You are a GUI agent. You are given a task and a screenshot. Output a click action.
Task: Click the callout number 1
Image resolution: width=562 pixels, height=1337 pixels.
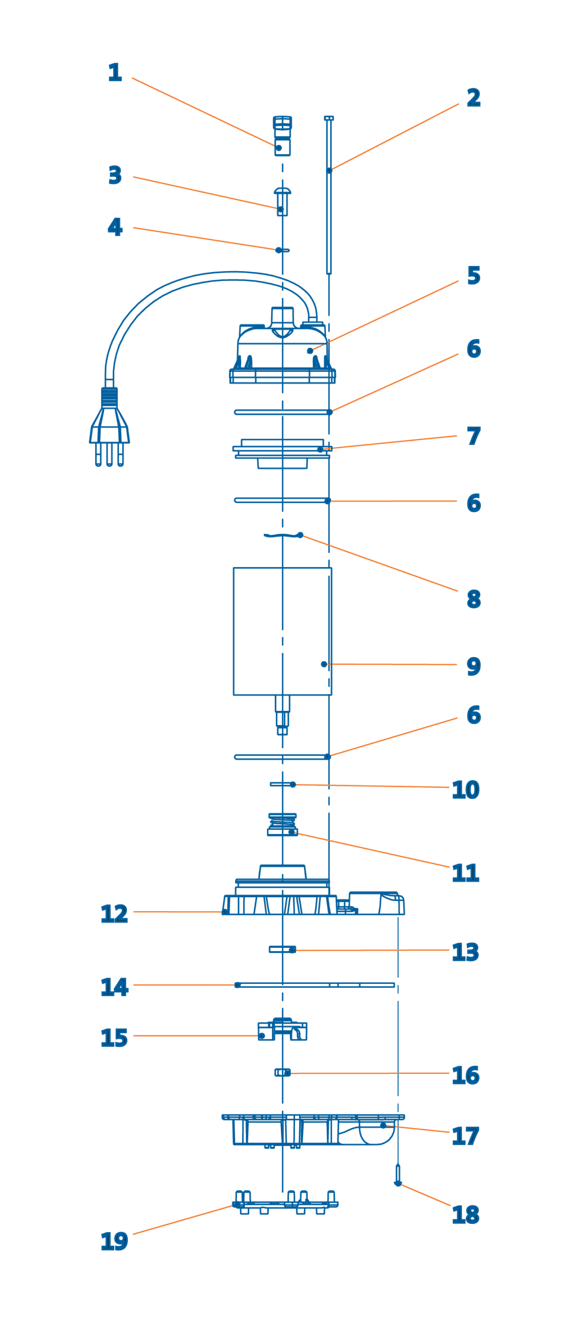[114, 72]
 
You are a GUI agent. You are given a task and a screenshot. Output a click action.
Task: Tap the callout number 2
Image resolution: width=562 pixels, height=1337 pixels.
[473, 98]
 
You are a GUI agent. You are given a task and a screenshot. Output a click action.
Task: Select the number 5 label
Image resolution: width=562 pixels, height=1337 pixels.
[473, 275]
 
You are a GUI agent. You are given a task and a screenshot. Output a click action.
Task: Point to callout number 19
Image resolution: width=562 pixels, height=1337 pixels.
[114, 1241]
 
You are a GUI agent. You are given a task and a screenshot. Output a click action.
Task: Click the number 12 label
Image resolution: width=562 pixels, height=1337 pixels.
[114, 913]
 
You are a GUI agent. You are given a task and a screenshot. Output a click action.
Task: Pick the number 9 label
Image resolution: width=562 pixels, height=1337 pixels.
[473, 666]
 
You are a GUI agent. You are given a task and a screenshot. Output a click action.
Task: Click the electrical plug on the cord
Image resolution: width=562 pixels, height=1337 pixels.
[109, 426]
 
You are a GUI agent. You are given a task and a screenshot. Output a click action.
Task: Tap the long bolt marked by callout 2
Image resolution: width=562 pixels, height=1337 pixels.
[329, 195]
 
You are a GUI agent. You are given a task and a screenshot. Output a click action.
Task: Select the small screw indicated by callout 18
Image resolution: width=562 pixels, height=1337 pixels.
[397, 1175]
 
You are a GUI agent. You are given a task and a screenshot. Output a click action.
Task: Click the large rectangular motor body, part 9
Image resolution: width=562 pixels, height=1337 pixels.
[282, 631]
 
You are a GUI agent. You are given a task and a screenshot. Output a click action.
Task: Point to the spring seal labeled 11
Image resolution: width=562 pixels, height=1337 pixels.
[282, 824]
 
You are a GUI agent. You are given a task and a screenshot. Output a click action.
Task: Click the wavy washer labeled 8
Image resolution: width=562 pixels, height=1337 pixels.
[283, 535]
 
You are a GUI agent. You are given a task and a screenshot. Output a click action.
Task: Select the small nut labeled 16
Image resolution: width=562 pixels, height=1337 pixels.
[282, 1072]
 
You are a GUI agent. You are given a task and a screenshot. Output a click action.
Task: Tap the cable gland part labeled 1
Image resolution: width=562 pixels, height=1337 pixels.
[282, 136]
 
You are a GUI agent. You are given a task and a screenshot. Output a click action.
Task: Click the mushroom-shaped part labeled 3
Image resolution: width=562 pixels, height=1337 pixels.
[282, 201]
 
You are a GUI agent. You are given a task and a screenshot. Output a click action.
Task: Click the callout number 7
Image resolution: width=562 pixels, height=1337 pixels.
[473, 436]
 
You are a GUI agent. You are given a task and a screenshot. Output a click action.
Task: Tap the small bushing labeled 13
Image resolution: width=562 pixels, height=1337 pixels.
[282, 949]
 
